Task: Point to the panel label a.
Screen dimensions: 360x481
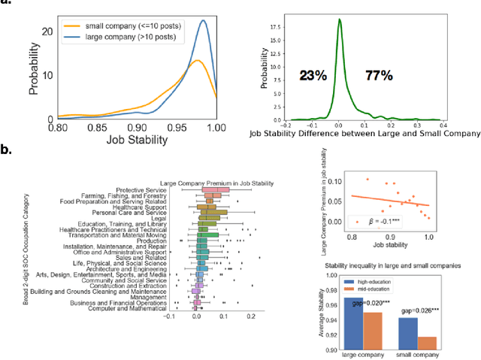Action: point(5,5)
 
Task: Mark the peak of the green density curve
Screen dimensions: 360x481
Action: point(339,20)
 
